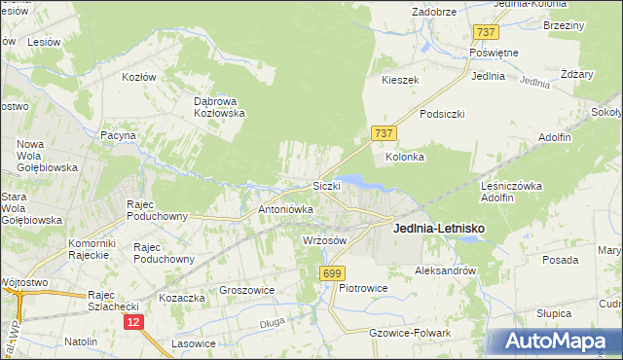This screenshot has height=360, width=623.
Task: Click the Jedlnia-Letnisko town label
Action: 438,229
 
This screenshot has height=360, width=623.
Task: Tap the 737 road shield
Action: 382,133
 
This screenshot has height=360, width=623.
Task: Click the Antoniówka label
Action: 285,209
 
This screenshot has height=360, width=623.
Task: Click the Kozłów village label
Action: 139,75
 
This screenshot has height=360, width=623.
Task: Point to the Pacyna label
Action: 118,136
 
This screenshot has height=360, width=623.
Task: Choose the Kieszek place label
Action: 400,80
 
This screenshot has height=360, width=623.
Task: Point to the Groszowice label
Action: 247,290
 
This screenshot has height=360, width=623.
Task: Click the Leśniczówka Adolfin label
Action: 511,191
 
